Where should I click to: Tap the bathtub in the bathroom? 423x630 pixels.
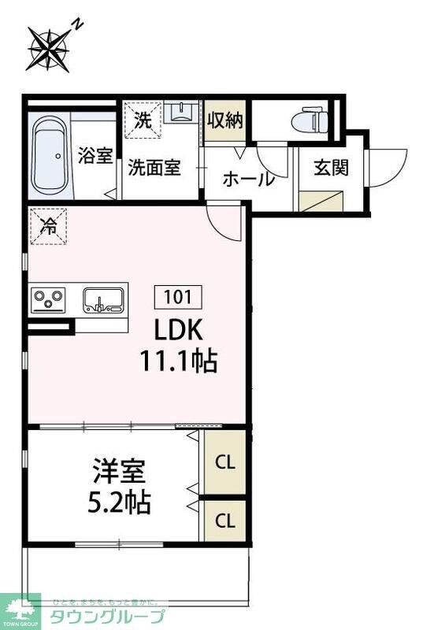(50, 157)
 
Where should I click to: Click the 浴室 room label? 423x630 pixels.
(95, 157)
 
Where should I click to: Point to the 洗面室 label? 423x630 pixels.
(155, 168)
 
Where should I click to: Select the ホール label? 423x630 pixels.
(248, 180)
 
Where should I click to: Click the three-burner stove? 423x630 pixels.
(48, 301)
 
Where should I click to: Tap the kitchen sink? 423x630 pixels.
(103, 300)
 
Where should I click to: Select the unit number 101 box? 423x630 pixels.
(178, 297)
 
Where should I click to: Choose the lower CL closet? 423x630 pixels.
(225, 521)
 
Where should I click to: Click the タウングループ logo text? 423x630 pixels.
(108, 617)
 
